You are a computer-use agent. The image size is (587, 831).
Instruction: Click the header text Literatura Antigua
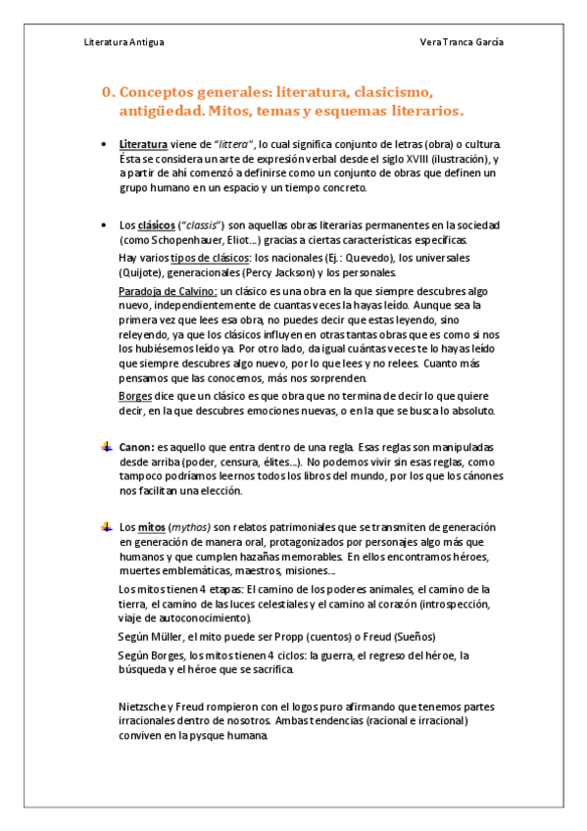click(x=124, y=43)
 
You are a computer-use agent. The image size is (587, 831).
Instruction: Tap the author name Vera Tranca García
click(x=462, y=43)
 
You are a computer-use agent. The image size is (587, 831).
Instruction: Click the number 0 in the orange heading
click(x=107, y=92)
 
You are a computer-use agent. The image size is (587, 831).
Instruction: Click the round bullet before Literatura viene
click(x=106, y=144)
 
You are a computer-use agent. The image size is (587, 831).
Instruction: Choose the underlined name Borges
click(x=133, y=395)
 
